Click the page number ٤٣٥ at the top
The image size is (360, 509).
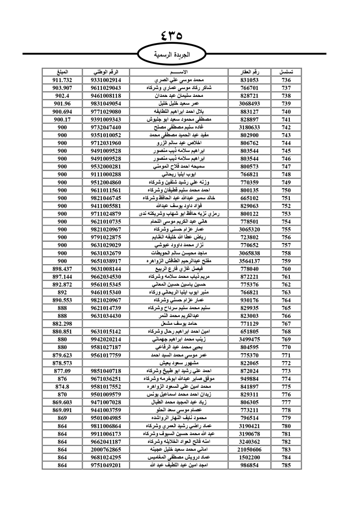click(x=172, y=36)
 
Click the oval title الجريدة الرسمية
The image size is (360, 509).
click(x=172, y=55)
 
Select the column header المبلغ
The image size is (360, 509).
click(x=62, y=72)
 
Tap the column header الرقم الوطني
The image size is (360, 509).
click(x=106, y=72)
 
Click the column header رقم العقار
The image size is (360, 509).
click(x=249, y=72)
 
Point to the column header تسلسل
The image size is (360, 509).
click(x=286, y=72)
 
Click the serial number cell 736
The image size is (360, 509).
click(x=286, y=80)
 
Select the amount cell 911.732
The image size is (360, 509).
click(x=62, y=80)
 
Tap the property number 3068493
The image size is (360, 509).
click(x=249, y=104)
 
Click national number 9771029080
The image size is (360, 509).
click(x=106, y=112)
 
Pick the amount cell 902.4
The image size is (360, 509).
click(x=62, y=96)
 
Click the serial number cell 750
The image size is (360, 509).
click(x=286, y=190)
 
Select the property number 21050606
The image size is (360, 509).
click(x=249, y=449)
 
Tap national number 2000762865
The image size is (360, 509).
click(x=106, y=449)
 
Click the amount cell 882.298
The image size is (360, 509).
click(x=62, y=324)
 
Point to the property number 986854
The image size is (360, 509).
click(x=249, y=465)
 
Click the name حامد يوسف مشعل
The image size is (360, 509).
click(x=179, y=324)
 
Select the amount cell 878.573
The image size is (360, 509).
click(x=62, y=363)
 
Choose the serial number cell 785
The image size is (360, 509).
click(x=286, y=465)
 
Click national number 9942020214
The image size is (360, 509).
click(x=106, y=339)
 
